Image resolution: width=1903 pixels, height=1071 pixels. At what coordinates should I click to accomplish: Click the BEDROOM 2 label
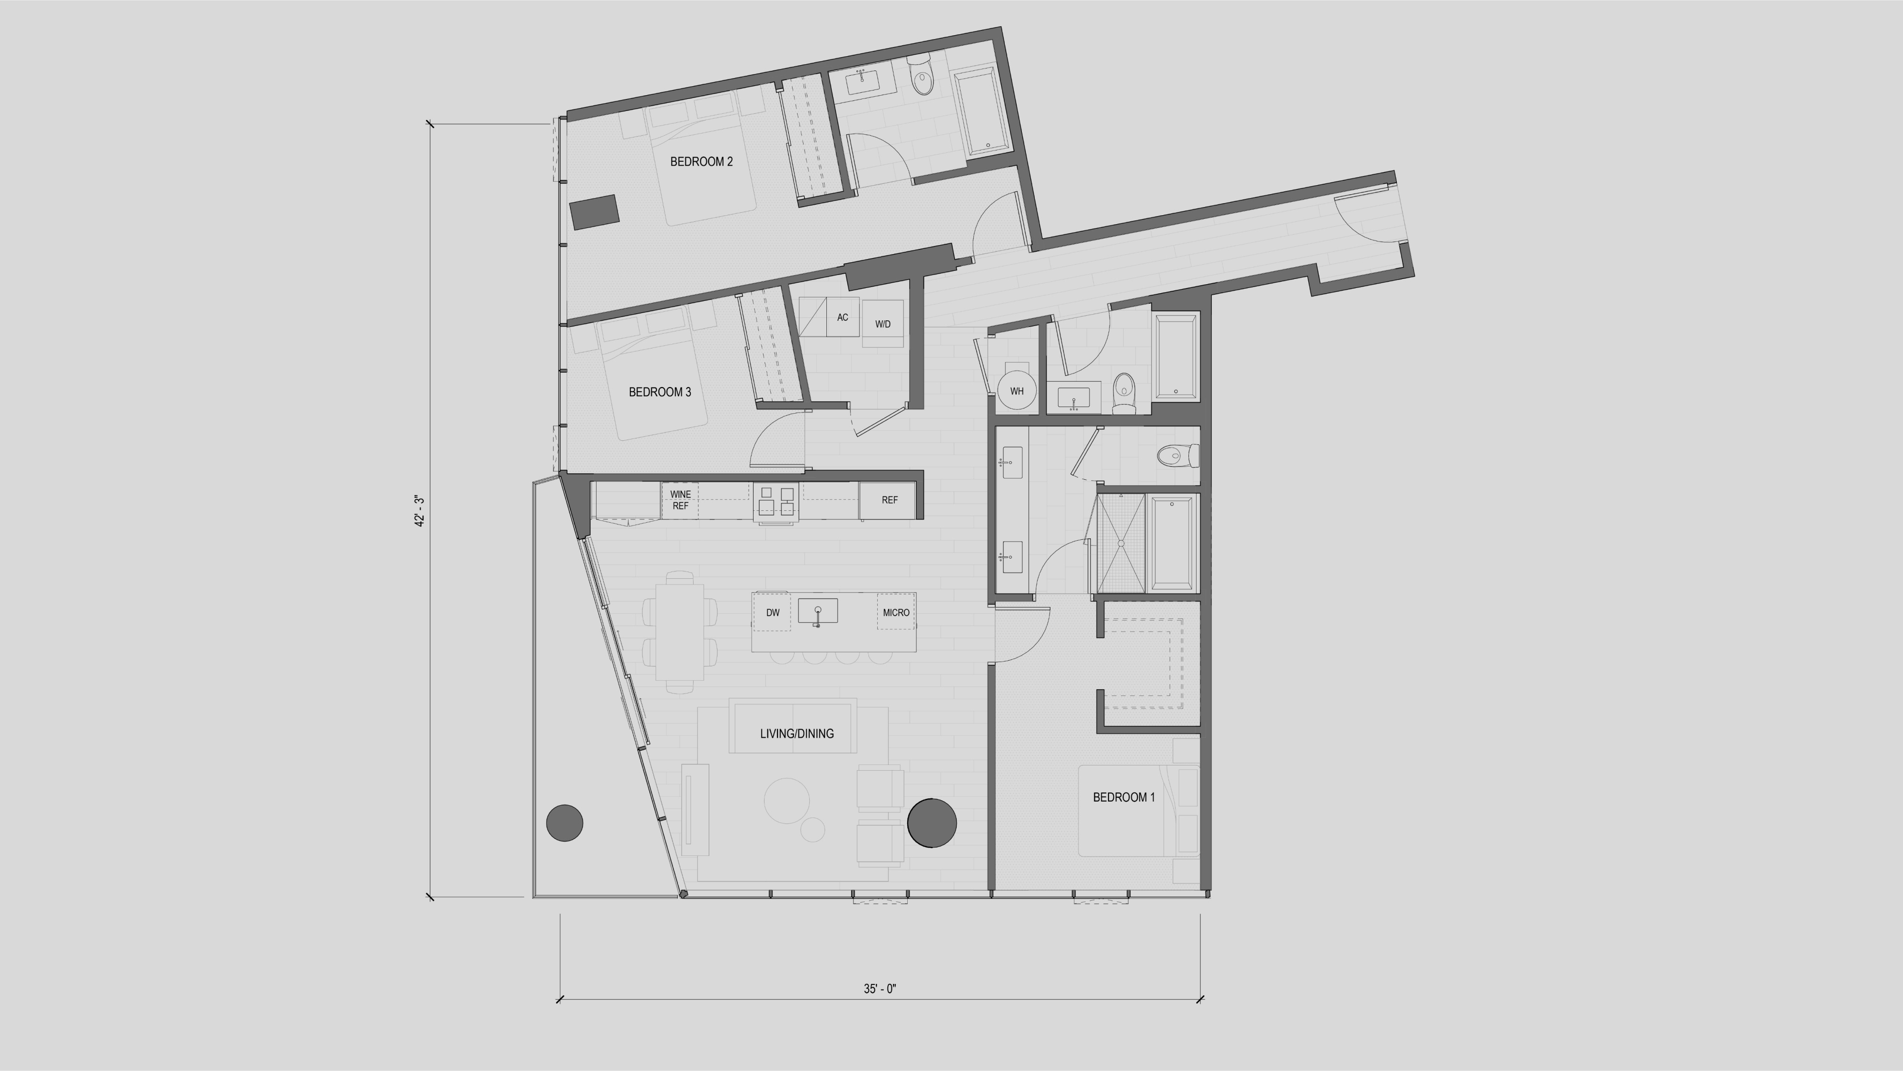701,162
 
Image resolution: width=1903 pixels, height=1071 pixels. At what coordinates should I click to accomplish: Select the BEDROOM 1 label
1124,797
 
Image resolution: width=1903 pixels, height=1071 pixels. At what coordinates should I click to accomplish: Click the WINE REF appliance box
680,500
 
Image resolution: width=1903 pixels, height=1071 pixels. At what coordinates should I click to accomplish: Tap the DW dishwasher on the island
773,613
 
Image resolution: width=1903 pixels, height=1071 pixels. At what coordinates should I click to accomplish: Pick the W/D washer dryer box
883,324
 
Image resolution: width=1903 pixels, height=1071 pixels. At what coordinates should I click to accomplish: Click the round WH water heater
1017,391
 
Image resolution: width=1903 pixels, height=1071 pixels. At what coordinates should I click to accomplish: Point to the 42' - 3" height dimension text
420,511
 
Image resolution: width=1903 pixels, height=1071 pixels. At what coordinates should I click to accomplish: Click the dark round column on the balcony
564,823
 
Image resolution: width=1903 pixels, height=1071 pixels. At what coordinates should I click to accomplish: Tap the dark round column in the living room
932,822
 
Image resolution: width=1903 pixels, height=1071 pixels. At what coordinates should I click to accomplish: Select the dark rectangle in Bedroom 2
594,212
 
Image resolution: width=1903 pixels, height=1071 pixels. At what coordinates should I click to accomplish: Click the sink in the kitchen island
818,611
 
